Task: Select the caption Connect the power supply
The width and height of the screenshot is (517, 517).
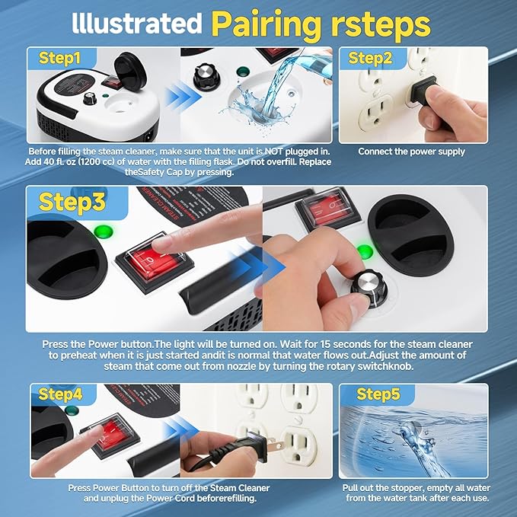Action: [x=412, y=152]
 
